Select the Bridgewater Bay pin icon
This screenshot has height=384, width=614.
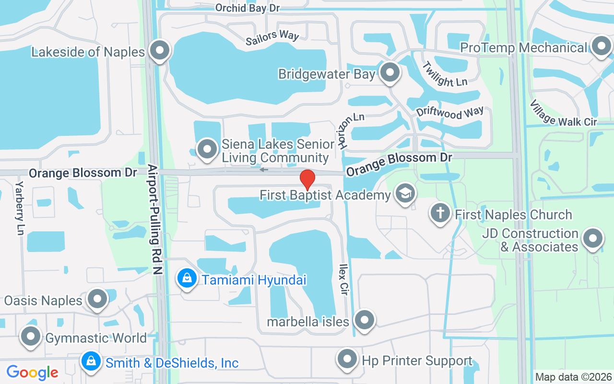click(x=390, y=72)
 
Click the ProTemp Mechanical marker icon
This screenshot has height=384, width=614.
click(x=601, y=47)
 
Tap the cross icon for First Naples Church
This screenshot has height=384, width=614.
click(x=439, y=212)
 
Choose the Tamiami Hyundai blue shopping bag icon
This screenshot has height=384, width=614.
click(x=187, y=277)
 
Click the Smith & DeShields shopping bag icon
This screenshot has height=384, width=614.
click(x=91, y=361)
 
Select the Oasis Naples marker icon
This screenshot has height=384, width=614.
click(x=98, y=299)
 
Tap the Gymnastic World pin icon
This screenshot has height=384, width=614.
click(x=31, y=336)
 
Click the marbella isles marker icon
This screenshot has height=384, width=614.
click(x=365, y=319)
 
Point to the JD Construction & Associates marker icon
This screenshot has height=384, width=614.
click(x=592, y=238)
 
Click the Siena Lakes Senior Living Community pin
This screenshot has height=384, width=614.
click(x=207, y=148)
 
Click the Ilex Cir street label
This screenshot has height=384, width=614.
click(x=343, y=279)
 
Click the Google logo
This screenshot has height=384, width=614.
click(x=33, y=372)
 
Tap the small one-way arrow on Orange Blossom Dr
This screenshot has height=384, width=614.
click(x=264, y=169)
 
